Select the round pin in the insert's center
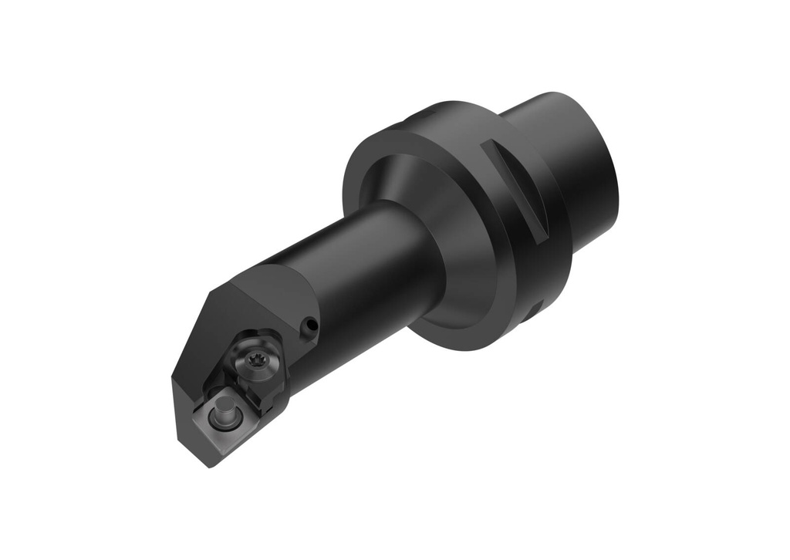point(225,414)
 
